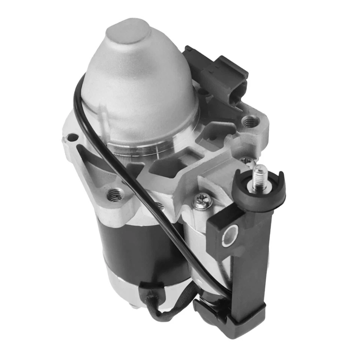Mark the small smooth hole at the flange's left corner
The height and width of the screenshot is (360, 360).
click(x=72, y=138)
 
